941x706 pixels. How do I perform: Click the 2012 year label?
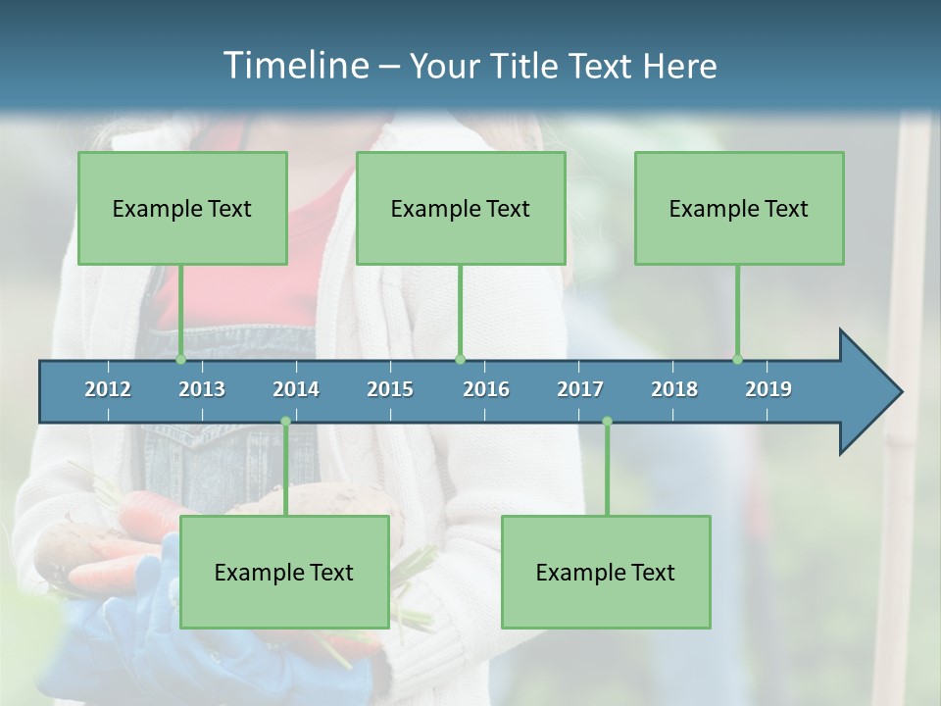click(108, 389)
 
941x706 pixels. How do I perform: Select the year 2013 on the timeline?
click(202, 389)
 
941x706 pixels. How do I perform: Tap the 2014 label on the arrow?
click(296, 389)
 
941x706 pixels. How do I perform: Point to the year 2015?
click(390, 389)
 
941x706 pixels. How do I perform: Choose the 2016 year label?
click(486, 389)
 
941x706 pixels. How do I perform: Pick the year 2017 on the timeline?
click(580, 389)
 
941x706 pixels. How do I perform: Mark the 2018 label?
click(674, 389)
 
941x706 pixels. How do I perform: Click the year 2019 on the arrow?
click(768, 389)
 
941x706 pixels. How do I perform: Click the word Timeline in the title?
click(294, 66)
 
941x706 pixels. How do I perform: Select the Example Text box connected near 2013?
click(182, 208)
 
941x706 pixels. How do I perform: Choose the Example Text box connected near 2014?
click(284, 572)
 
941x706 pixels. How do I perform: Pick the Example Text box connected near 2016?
click(461, 208)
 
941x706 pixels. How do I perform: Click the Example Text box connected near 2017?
click(606, 572)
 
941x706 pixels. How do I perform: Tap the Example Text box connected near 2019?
click(739, 208)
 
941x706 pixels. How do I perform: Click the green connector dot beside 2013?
click(181, 359)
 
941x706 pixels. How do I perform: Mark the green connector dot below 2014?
click(285, 422)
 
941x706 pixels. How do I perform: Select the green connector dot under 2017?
click(607, 422)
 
